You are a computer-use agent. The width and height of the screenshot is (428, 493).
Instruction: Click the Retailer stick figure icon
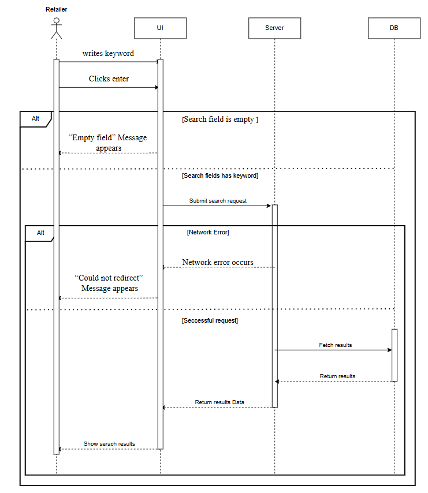56,28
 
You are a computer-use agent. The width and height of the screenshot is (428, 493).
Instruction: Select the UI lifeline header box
160,28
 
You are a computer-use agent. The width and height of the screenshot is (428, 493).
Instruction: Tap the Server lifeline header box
274,28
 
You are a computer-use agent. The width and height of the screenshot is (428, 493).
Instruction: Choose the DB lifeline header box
394,28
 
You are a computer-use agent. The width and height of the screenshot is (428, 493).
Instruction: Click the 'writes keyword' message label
108,54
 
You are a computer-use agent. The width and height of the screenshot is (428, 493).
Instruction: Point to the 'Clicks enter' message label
109,79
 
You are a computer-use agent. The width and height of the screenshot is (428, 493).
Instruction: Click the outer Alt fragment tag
36,119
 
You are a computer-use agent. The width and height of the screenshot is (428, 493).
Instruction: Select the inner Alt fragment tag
40,233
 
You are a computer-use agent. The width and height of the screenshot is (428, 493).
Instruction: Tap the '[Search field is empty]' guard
220,119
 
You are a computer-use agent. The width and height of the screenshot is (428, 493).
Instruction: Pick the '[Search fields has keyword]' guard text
220,175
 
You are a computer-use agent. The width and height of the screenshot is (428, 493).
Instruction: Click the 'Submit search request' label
218,200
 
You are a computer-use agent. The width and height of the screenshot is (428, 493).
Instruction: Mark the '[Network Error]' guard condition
208,232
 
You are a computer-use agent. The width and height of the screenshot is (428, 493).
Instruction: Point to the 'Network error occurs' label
218,262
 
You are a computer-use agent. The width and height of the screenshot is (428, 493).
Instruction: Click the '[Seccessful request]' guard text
210,320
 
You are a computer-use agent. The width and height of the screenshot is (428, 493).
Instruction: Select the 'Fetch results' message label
335,345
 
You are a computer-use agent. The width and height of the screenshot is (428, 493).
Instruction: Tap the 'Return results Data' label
219,402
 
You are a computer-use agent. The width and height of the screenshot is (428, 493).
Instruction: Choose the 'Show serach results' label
109,443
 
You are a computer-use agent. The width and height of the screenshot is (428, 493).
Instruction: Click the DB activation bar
394,355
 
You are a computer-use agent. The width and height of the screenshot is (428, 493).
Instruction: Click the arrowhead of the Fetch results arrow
390,350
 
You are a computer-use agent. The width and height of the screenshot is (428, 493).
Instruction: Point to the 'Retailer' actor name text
56,9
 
